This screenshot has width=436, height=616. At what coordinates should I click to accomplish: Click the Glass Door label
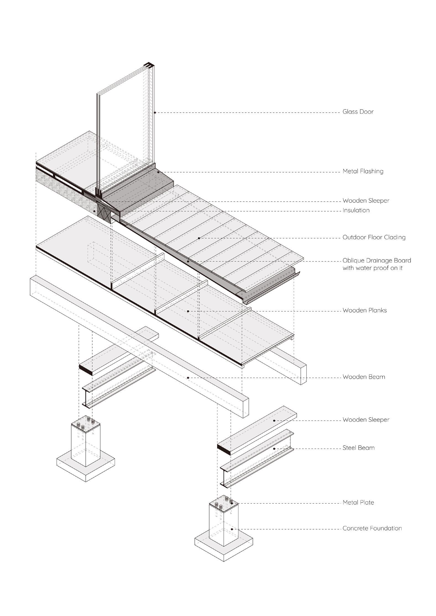[x=358, y=112]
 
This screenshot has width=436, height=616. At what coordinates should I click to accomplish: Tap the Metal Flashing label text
[x=363, y=171]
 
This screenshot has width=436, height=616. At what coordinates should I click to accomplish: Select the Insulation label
[x=356, y=210]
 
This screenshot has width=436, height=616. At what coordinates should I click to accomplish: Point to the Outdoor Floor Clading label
[x=374, y=237]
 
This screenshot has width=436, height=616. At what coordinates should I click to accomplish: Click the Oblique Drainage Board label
[x=377, y=261]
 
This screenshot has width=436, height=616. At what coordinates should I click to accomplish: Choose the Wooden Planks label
[x=364, y=310]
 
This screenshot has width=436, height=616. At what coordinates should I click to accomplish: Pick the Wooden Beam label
[x=364, y=377]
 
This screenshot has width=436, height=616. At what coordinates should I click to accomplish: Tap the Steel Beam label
[x=358, y=448]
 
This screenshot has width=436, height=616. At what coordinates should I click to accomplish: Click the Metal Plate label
[x=358, y=503]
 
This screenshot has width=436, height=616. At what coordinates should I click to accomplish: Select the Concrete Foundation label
[x=372, y=528]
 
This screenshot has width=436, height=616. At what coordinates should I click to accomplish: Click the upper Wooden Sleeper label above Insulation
[x=366, y=201]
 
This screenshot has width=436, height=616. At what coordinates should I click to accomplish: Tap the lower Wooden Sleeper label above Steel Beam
[x=366, y=420]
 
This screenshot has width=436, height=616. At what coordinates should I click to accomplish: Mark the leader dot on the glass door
[x=155, y=112]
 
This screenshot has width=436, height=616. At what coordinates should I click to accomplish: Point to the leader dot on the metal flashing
[x=158, y=172]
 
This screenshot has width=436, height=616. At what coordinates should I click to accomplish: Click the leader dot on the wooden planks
[x=188, y=311]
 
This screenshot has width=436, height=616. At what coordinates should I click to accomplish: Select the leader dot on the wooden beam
[x=188, y=377]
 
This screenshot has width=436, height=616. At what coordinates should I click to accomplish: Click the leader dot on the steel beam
[x=274, y=449]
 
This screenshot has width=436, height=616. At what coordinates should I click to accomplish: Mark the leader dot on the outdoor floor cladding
[x=199, y=238]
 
